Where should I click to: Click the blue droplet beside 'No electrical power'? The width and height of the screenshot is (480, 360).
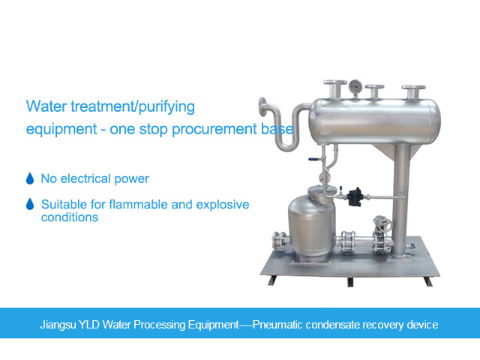click(x=30, y=179)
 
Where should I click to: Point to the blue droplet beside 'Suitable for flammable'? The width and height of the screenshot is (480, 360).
click(x=30, y=204)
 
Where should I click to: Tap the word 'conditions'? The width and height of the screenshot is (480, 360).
click(x=70, y=217)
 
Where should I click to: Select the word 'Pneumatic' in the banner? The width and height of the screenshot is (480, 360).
click(x=277, y=325)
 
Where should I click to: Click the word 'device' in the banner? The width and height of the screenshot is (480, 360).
click(x=421, y=325)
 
